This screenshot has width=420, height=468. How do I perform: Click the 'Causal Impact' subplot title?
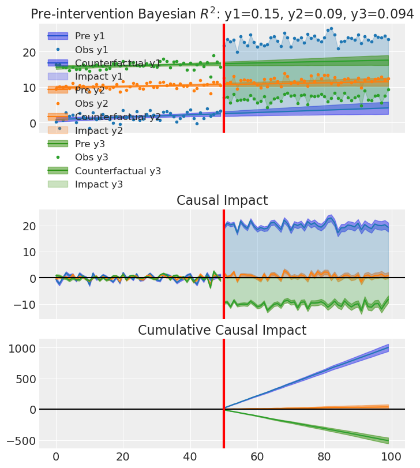point(222,201)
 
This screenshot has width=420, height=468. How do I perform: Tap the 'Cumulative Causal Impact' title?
point(222,331)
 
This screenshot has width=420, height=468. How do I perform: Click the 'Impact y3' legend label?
point(99,184)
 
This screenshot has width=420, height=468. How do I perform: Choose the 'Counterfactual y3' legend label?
point(118,171)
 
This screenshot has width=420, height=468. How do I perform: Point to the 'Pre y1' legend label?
point(91,36)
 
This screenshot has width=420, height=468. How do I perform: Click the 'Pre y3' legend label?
point(91,144)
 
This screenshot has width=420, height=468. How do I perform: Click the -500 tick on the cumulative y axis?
point(20,440)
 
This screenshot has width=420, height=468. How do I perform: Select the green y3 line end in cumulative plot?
point(388,440)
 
